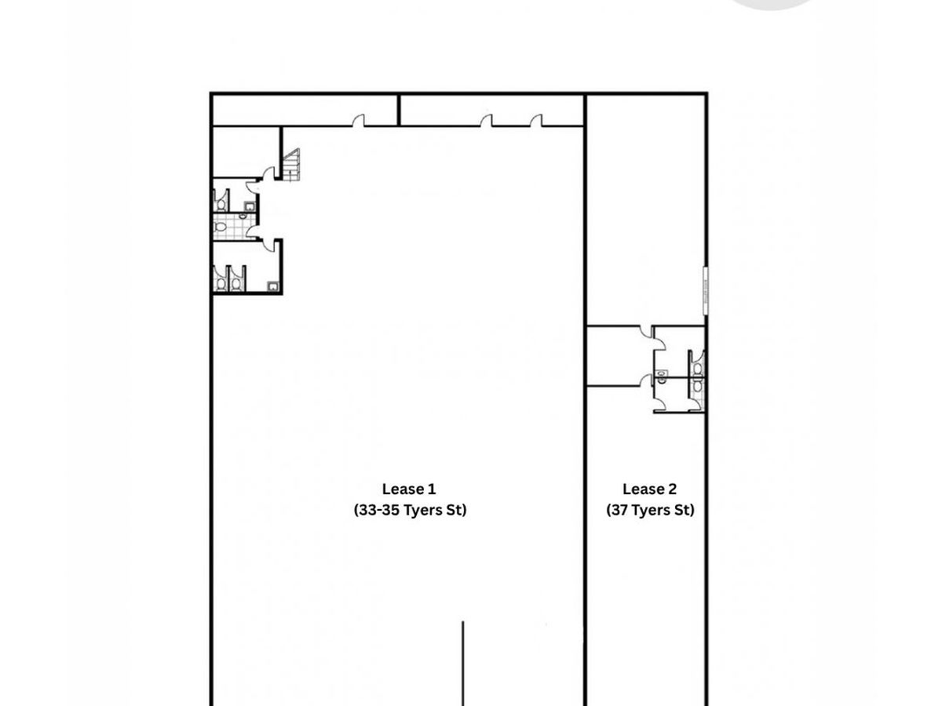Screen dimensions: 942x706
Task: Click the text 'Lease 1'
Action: [408, 489]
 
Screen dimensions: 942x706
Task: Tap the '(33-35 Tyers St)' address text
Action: [410, 510]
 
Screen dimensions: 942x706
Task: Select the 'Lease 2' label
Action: [649, 489]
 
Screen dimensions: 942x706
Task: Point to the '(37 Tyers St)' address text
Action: [650, 510]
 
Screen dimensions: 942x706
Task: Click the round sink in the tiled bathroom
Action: [243, 217]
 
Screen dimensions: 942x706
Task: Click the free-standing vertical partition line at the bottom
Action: [462, 663]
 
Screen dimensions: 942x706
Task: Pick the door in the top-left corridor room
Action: [359, 121]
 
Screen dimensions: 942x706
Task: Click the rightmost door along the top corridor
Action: [536, 121]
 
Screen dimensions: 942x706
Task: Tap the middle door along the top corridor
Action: [486, 121]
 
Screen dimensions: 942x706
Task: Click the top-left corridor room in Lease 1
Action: [305, 111]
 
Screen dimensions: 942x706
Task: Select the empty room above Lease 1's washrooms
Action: [246, 151]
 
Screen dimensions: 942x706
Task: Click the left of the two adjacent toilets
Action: [221, 283]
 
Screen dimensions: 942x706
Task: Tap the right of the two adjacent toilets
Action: [235, 283]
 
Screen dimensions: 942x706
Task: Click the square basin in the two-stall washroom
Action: [272, 286]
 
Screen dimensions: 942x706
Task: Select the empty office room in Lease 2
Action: [619, 356]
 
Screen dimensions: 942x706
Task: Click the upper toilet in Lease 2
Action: [697, 368]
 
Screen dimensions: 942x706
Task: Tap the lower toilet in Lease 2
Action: [697, 386]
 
